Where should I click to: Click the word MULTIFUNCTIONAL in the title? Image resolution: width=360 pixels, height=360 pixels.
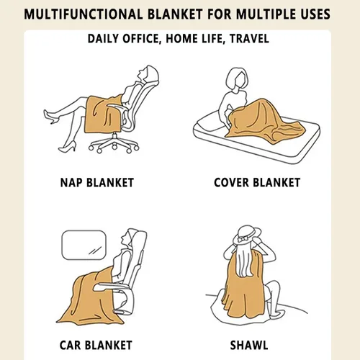pos(83,14)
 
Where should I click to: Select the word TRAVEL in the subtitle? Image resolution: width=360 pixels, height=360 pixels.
pos(249,39)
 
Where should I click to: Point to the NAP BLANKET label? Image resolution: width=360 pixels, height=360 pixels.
pos(97,182)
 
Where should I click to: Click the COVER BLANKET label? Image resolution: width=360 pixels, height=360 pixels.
pos(257,182)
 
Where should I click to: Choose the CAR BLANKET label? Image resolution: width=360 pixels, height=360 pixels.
pos(96,345)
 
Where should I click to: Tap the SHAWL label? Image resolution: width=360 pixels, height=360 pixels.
pos(249,345)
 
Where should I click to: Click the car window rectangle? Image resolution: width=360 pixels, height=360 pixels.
pos(84,245)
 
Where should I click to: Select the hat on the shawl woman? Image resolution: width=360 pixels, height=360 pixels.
pos(247,236)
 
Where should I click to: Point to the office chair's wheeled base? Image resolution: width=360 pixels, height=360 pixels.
pos(114,143)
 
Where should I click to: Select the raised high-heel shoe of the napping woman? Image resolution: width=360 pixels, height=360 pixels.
pos(51,116)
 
